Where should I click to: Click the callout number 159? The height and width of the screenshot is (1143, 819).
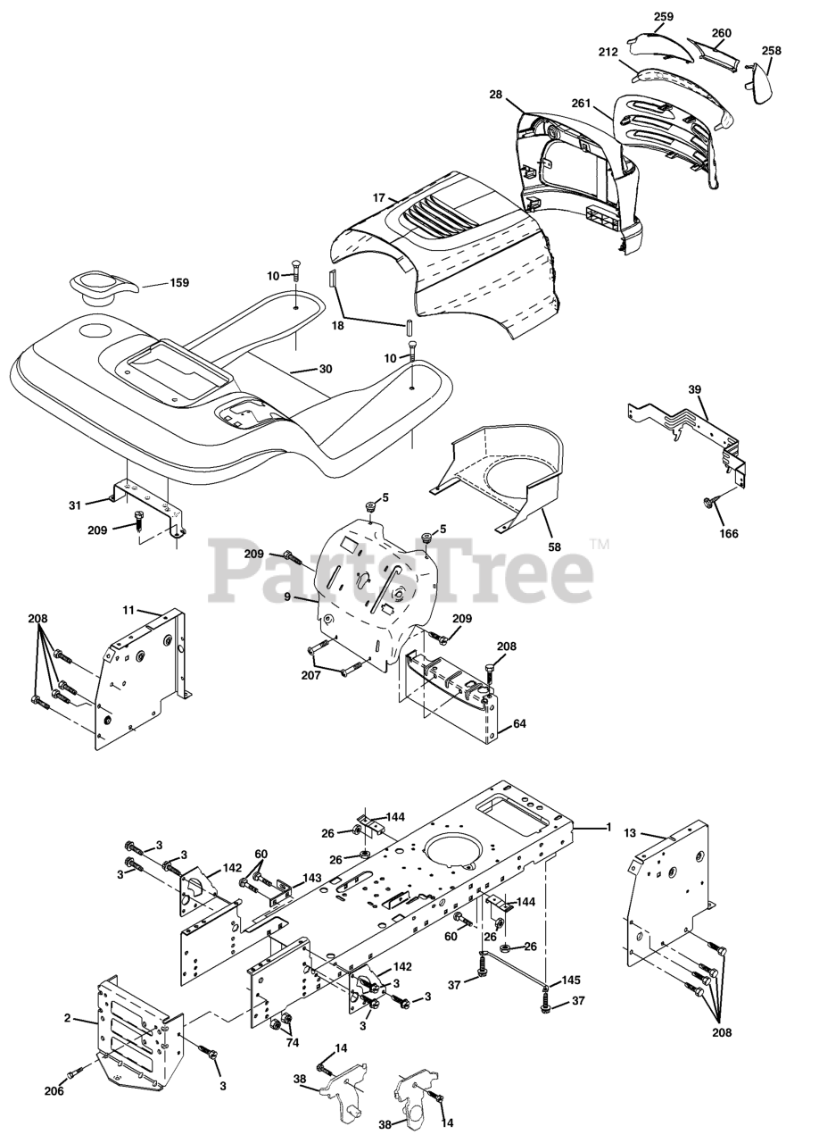click(179, 285)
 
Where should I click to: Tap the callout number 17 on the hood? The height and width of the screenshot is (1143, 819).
click(378, 197)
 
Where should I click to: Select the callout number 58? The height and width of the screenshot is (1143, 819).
click(555, 546)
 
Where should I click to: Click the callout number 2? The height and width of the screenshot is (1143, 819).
click(66, 1017)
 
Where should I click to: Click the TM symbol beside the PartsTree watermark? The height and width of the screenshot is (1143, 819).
click(599, 542)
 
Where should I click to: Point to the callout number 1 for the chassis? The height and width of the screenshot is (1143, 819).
click(609, 827)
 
